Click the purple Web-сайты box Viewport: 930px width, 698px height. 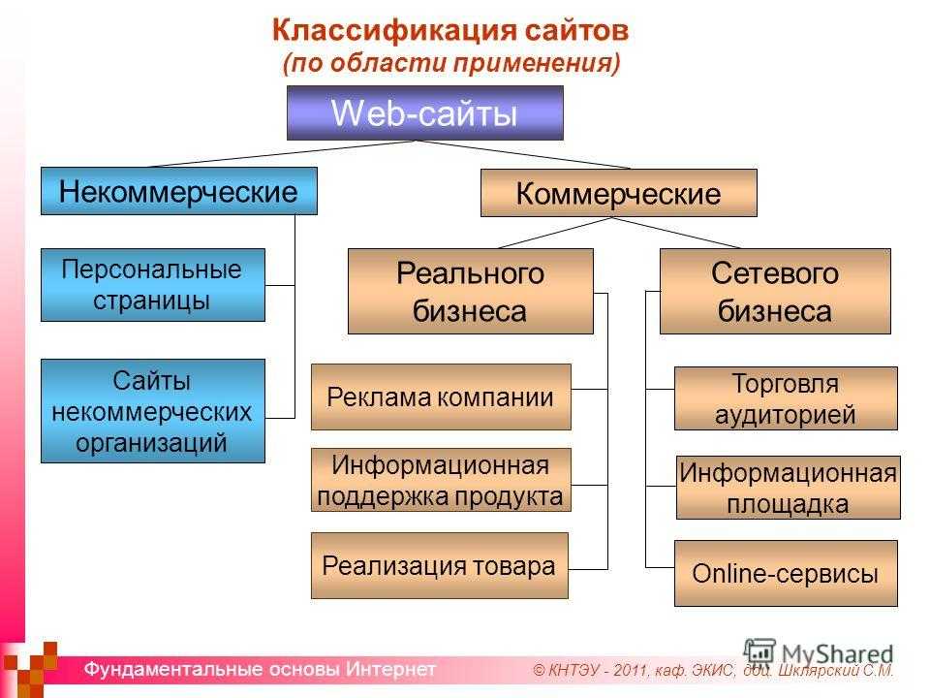pyautogui.click(x=424, y=112)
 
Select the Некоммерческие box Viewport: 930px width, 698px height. pyautogui.click(x=178, y=191)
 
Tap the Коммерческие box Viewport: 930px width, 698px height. pyautogui.click(x=619, y=193)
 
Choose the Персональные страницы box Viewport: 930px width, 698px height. pyautogui.click(x=152, y=285)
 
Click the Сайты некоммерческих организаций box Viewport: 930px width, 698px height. pyautogui.click(x=152, y=411)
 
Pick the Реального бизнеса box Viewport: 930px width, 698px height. pyautogui.click(x=471, y=291)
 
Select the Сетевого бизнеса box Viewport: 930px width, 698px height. pyautogui.click(x=775, y=291)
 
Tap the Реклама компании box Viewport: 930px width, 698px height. pyautogui.click(x=441, y=397)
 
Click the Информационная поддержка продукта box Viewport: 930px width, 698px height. pyautogui.click(x=441, y=480)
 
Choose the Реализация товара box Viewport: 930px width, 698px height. pyautogui.click(x=440, y=565)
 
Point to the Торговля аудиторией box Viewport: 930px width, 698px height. pyautogui.click(x=786, y=398)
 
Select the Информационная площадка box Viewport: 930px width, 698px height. pyautogui.click(x=789, y=488)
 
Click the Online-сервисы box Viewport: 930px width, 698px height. pyautogui.click(x=786, y=573)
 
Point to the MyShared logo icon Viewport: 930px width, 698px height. pyautogui.click(x=759, y=651)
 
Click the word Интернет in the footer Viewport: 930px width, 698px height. pyautogui.click(x=390, y=669)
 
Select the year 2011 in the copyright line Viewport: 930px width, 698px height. pyautogui.click(x=631, y=671)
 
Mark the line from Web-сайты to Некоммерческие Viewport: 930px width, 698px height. pyautogui.click(x=282, y=154)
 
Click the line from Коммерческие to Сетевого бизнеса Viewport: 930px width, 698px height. pyautogui.click(x=676, y=232)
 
